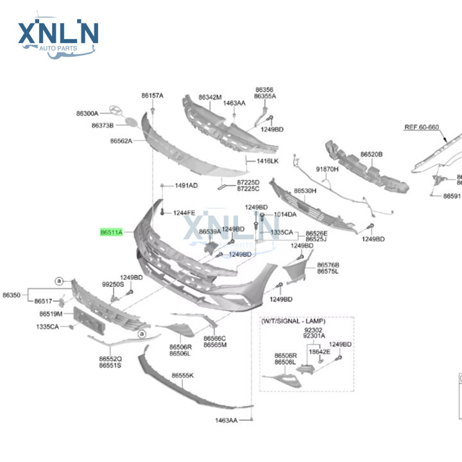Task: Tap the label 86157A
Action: point(153,96)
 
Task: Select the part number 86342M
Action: point(210,98)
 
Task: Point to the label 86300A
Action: point(87,114)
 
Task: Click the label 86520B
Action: point(371,155)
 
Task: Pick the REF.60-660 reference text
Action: point(421,127)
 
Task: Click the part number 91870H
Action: point(327,169)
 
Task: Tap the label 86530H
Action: point(305,191)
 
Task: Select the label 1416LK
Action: point(268,161)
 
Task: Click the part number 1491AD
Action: point(187,186)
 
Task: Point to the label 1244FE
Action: point(184,212)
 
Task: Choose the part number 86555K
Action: point(182,375)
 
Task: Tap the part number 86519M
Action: point(50,314)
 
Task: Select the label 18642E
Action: point(319,352)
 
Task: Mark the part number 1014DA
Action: point(286,214)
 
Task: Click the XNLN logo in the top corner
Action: point(58,35)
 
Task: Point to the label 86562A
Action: point(121,141)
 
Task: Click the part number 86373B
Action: point(102,126)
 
